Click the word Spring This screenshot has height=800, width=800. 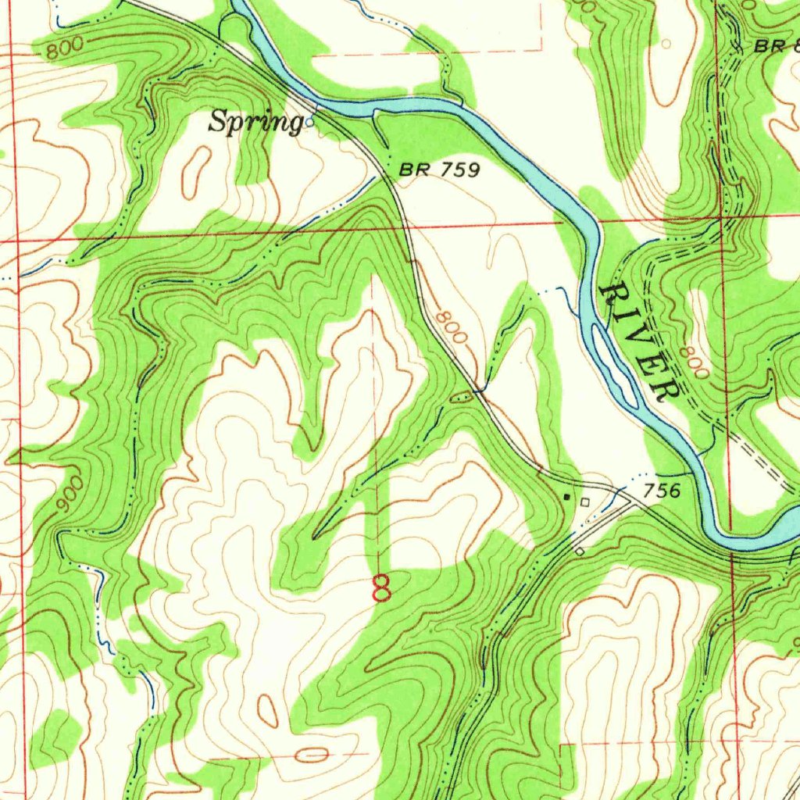click(x=255, y=123)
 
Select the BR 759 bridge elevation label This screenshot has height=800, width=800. click(x=438, y=169)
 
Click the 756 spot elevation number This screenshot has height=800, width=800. click(x=662, y=491)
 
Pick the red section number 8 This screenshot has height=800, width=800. click(x=381, y=587)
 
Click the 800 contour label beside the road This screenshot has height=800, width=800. click(x=452, y=327)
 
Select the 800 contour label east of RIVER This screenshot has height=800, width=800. click(x=693, y=362)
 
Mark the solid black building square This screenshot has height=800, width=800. click(x=568, y=496)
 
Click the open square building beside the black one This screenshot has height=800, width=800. click(x=585, y=502)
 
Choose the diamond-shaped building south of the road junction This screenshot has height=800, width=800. click(x=579, y=552)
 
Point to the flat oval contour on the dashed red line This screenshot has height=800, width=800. click(x=312, y=755)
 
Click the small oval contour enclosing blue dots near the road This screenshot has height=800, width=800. click(x=461, y=397)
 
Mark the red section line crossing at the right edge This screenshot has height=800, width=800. click(x=723, y=218)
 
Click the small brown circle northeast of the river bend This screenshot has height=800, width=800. click(x=666, y=44)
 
